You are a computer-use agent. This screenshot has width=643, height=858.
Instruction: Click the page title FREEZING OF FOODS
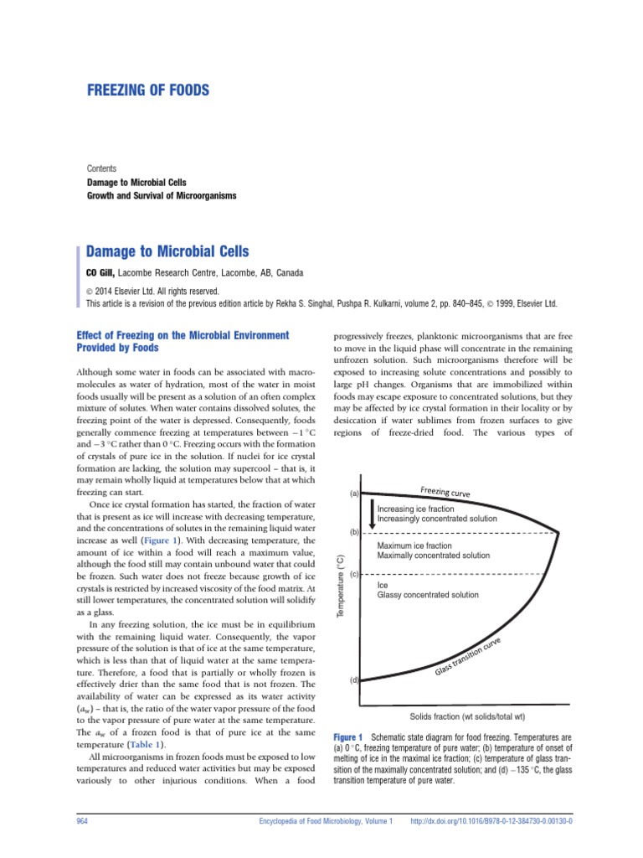click(x=148, y=90)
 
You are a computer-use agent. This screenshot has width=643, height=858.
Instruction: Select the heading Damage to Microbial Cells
click(x=167, y=251)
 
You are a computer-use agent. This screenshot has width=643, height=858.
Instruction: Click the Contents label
click(x=102, y=168)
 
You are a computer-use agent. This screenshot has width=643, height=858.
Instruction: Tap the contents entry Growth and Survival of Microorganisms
click(x=162, y=195)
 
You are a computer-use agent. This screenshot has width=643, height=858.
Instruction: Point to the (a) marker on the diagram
click(x=354, y=494)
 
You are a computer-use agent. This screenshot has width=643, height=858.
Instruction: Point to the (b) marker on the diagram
click(x=354, y=532)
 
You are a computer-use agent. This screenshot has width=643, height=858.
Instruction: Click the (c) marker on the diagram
click(x=354, y=575)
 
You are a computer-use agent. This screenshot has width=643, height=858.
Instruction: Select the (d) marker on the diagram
click(x=354, y=680)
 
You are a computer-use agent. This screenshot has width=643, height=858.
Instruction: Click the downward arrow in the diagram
click(x=372, y=514)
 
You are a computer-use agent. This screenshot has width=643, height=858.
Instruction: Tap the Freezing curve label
click(x=445, y=491)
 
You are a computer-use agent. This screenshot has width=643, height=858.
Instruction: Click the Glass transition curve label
click(x=479, y=656)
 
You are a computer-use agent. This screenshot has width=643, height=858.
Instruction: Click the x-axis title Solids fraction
click(x=467, y=716)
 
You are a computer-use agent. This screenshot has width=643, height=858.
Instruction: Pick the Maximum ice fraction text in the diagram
click(x=414, y=545)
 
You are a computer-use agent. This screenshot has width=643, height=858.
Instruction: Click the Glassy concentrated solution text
click(x=428, y=595)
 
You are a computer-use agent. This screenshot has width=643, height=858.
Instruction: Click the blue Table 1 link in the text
click(x=145, y=744)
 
